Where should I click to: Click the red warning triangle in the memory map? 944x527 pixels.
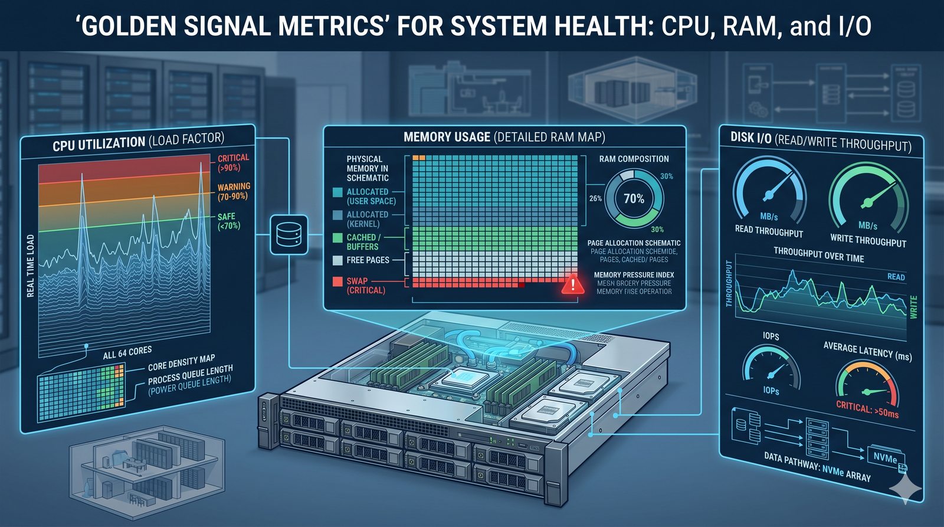572,284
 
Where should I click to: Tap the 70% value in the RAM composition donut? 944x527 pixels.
634,199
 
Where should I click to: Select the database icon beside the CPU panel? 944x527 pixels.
289,234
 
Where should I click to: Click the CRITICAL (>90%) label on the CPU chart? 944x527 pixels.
233,162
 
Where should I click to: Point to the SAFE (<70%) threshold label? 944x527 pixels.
229,221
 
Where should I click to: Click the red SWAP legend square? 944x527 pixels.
337,281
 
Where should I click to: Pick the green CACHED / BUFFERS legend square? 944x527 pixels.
337,238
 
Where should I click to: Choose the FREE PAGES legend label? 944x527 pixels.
368,260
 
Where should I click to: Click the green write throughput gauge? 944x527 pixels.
868,198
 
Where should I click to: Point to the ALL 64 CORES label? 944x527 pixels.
127,353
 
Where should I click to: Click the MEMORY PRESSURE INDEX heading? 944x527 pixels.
634,275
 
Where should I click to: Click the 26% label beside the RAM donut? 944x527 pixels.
595,198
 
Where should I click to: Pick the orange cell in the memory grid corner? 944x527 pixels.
419,158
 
